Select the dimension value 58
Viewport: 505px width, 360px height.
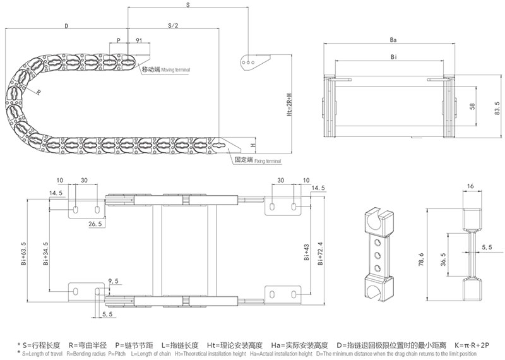coord(472,107)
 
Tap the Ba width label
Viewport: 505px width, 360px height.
coord(393,40)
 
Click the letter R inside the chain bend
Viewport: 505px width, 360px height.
coord(39,92)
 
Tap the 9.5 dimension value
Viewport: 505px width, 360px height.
coord(114,280)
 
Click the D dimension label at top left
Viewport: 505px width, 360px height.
coord(66,26)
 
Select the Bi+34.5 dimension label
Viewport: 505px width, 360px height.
coord(47,256)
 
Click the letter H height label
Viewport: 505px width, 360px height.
coord(252,145)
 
